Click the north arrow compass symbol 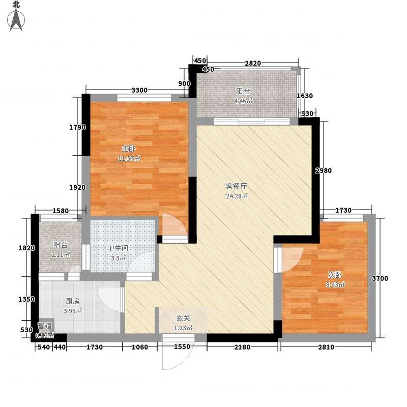(16, 19)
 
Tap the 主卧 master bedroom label (129, 149)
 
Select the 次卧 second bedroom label (335, 274)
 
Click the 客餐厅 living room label (237, 186)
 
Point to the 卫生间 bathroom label (118, 248)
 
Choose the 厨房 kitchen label (72, 301)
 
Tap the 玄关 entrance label (183, 318)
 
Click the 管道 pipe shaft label (45, 326)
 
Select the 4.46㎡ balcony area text (243, 101)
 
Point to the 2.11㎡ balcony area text (61, 255)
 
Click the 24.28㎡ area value (237, 196)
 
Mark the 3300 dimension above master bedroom (139, 91)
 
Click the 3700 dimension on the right (380, 278)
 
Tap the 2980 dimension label (324, 170)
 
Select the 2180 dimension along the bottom (242, 347)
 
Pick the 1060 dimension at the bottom (139, 347)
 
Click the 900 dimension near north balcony (184, 83)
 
